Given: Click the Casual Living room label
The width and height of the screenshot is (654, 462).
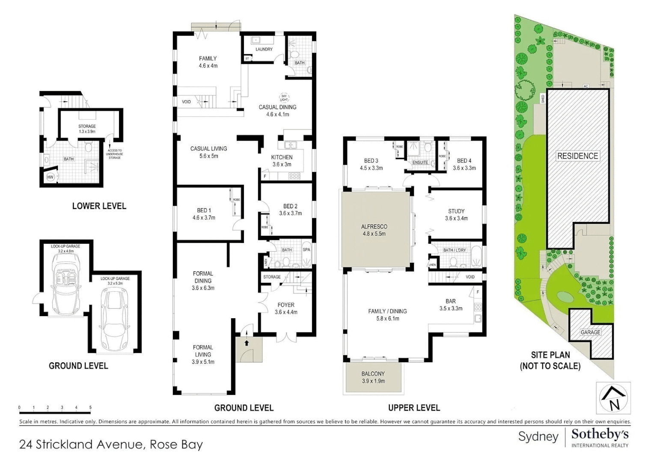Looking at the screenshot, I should pos(208,152).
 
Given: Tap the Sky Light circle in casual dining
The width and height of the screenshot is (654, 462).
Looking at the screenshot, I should pos(284,98).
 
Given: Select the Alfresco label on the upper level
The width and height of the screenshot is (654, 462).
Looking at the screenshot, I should pos(374,230).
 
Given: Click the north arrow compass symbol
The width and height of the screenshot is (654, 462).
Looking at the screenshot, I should pos(613,398).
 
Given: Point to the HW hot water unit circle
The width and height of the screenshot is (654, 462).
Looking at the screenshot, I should pos(50,177).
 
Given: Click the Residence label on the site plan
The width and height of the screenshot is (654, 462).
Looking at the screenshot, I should pos(577,156).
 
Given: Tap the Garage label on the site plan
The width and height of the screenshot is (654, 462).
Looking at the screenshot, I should pos(591,332).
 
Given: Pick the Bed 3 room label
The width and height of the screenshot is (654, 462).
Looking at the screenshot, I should pos(371,164).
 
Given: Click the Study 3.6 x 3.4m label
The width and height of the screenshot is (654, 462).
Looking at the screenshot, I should pos(456,214).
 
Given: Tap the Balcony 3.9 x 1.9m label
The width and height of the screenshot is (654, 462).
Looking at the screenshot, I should pos(373,377).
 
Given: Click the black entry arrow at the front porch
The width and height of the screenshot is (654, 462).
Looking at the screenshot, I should pos(247,342).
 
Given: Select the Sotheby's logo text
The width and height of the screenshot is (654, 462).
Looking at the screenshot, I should pos(600,434).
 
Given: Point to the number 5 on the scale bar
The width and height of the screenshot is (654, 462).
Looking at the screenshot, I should pos(90,408).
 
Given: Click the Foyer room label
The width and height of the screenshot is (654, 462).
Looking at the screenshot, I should pos(286,308).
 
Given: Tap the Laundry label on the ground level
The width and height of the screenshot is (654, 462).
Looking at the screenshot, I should pos(264,49).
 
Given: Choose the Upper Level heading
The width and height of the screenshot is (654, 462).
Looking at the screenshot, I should pos(414,408).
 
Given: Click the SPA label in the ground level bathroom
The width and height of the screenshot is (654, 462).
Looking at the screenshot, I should pos(306,250).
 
